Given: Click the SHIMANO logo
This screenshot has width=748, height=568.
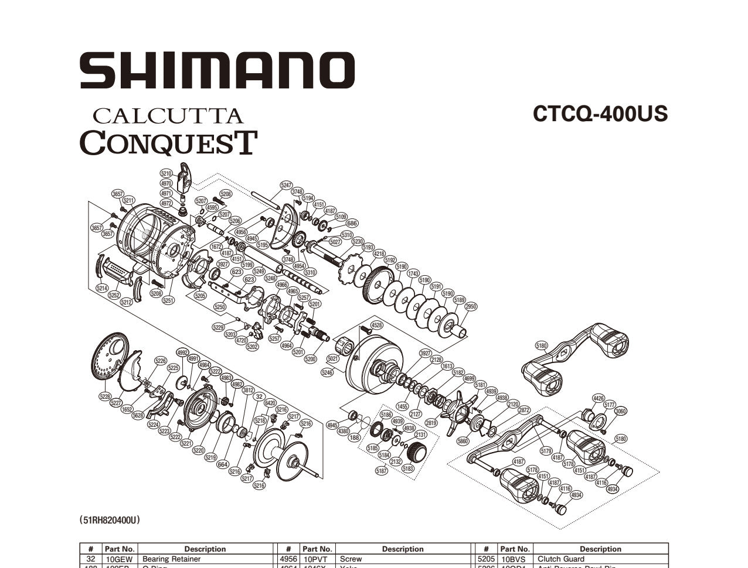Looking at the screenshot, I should [217, 70].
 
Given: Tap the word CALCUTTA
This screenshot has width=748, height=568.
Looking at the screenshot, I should [168, 115].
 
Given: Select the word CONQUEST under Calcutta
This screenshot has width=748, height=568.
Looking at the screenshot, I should [168, 142].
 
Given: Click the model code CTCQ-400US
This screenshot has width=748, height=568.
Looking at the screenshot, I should [600, 114].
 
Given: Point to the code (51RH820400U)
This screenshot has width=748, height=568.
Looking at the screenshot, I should [110, 519].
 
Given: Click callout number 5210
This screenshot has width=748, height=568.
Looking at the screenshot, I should [166, 173].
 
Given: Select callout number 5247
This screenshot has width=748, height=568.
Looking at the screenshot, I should [286, 185].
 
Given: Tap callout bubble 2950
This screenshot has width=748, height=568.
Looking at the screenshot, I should [471, 306].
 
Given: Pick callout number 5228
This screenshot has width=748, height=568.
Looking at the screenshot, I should [105, 397].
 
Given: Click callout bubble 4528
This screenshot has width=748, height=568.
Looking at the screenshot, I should [377, 325].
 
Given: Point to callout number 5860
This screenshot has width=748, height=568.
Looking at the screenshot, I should [463, 441].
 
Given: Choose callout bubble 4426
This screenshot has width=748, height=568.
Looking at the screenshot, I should [598, 398].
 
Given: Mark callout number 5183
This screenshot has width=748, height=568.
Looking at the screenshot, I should [408, 468].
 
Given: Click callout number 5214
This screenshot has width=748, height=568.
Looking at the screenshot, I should [102, 288].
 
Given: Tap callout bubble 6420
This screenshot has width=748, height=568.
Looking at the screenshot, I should [270, 403].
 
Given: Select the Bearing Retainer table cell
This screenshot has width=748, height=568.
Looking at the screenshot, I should [172, 559].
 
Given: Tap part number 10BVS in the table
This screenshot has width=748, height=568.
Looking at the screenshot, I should [514, 559].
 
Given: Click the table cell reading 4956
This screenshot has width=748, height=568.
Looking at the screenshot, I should [289, 559].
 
